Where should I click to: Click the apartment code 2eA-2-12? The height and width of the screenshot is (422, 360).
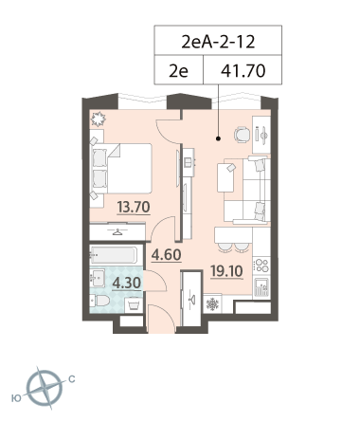click(218, 42)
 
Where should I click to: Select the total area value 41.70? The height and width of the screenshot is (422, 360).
click(243, 71)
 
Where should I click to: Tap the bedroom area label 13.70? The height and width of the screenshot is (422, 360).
click(134, 208)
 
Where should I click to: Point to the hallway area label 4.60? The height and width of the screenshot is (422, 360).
click(166, 255)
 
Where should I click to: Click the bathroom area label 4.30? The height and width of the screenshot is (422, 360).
click(127, 283)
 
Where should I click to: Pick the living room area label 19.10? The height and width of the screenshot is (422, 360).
click(226, 271)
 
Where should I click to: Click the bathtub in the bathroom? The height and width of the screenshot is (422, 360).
click(114, 255)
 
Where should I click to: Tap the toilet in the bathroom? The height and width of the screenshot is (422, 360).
click(99, 301)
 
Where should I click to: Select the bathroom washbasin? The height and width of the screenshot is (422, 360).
click(98, 278)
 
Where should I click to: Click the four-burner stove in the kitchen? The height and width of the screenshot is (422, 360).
click(261, 265)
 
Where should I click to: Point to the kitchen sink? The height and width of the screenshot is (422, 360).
click(261, 287)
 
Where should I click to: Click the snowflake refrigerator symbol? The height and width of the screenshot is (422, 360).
click(212, 304)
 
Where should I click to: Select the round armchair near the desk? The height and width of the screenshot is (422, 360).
click(242, 135)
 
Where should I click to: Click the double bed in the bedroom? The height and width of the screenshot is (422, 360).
click(121, 169)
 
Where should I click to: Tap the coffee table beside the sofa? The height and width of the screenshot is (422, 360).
click(225, 176)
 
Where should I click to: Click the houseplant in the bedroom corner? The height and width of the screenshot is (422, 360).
click(98, 119)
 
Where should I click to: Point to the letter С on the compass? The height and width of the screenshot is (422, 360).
click(72, 378)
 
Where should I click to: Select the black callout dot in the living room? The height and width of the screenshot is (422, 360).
click(218, 138)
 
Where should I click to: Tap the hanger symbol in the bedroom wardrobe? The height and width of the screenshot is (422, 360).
click(117, 232)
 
